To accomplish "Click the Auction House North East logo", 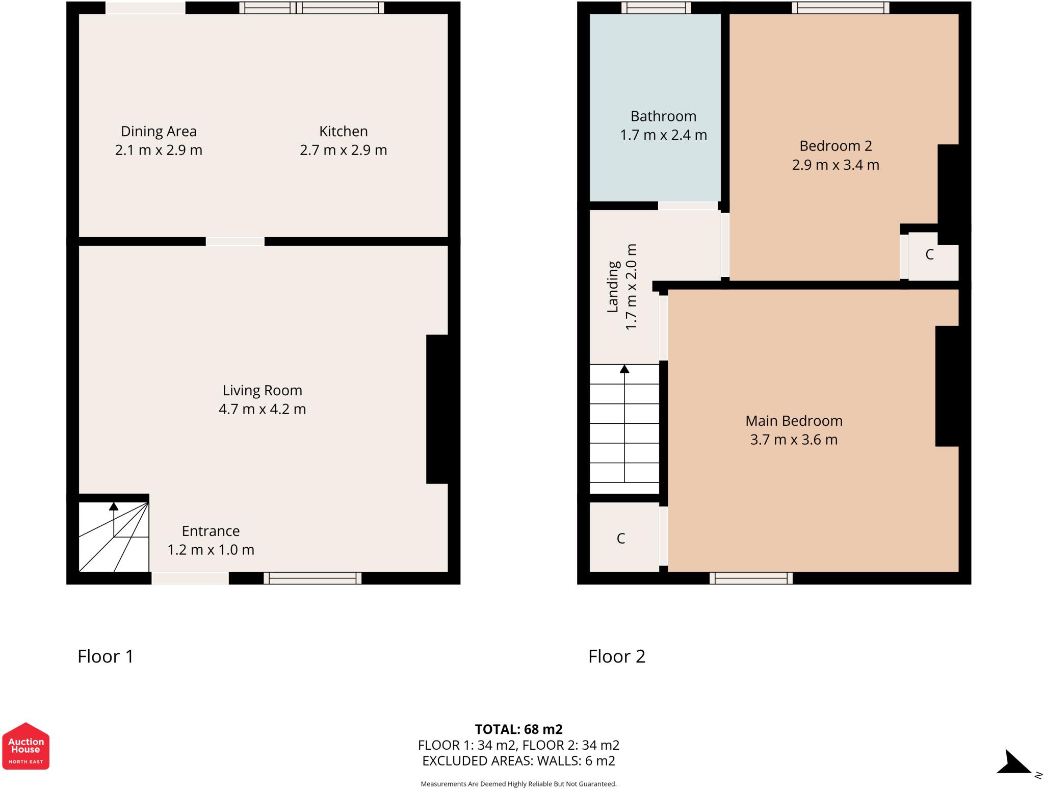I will point(25,746).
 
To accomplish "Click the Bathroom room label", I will point(663,116).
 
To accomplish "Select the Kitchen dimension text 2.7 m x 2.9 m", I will point(343,150).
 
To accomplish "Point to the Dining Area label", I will point(159,131).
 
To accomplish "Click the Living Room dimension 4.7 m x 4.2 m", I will point(262,409).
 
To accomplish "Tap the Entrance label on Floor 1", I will point(211,531).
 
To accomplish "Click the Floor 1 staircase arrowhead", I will point(114,506).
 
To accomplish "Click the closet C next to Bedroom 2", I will point(929,254).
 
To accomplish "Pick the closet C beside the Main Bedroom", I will point(621,538).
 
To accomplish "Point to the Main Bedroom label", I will point(794,421).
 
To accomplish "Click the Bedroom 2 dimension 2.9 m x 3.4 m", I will point(836,165).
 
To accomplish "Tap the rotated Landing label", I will point(613,287).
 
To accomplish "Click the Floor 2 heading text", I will point(617,656).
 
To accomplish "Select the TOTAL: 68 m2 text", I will point(518,729).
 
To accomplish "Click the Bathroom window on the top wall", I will point(656,8).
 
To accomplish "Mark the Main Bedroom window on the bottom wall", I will point(751,578).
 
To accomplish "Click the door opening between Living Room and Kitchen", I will point(235,241).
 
